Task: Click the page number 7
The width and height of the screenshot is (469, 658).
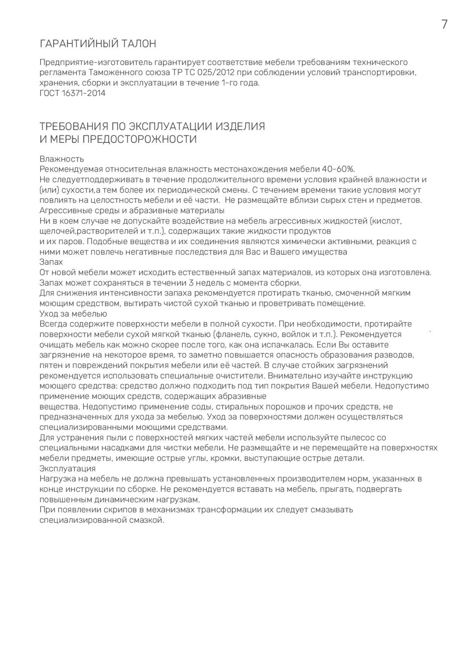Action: pyautogui.click(x=444, y=24)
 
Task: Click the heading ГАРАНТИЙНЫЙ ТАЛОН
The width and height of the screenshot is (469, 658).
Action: pyautogui.click(x=98, y=44)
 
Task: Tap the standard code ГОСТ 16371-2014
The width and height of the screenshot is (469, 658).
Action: pyautogui.click(x=73, y=93)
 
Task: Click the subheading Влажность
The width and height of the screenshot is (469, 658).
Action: pyautogui.click(x=62, y=159)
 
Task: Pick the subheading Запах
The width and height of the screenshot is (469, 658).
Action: pyautogui.click(x=51, y=262)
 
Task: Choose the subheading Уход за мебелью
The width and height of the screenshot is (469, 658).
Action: pyautogui.click(x=73, y=314)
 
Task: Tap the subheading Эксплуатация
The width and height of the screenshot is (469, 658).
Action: pyautogui.click(x=67, y=468)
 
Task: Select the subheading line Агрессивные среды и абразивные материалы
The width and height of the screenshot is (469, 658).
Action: pyautogui.click(x=132, y=210)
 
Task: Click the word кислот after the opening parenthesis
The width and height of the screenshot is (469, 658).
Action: pyautogui.click(x=388, y=220)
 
